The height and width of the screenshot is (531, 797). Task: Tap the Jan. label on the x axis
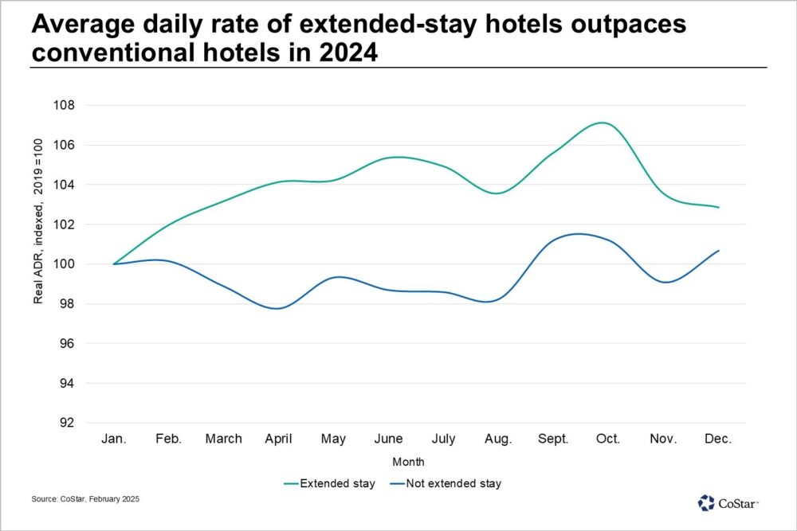115,439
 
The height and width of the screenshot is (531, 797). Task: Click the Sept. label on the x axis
554,439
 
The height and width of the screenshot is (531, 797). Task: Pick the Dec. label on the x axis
718,439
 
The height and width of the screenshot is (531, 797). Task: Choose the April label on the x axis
279,439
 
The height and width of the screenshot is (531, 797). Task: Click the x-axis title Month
408,462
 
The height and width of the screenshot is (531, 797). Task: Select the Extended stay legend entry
329,483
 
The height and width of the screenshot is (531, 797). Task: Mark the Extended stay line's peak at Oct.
603,123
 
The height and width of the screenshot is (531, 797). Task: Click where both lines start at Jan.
115,264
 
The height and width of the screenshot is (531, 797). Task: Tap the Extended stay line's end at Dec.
719,207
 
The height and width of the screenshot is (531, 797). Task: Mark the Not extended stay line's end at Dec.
719,251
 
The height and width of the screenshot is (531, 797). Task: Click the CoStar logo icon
706,503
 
